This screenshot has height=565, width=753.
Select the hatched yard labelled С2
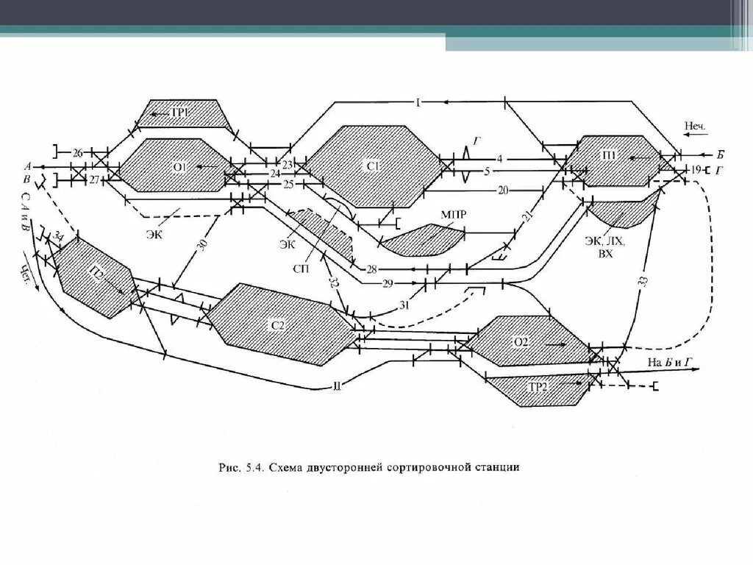(276, 324)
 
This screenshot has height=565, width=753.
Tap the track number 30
(204, 246)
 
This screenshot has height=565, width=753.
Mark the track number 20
(503, 190)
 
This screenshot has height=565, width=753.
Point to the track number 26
(77, 153)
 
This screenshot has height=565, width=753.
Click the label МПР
(454, 214)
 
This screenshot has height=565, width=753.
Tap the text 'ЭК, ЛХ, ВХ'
(605, 246)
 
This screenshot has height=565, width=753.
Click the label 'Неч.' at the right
(694, 127)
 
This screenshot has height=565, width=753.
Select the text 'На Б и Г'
(670, 361)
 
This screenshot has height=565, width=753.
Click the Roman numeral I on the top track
(417, 102)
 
